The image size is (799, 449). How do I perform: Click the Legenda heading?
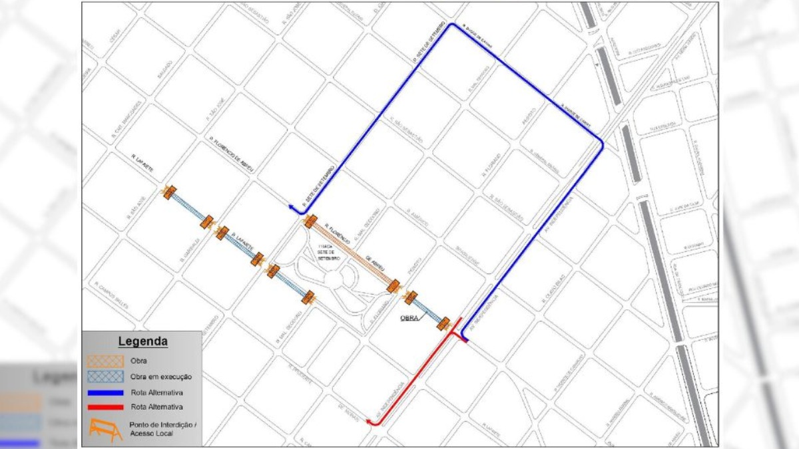click(142, 342)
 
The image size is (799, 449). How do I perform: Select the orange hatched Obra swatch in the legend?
click(106, 361)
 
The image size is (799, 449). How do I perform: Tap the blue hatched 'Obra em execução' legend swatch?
click(106, 376)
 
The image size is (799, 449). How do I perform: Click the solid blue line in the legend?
click(106, 392)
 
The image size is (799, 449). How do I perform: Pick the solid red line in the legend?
click(106, 406)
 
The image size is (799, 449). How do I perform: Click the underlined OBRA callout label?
click(409, 318)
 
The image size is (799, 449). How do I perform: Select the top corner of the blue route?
click(452, 25)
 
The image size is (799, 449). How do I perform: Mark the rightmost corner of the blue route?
click(602, 142)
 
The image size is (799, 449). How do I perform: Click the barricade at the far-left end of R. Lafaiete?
click(169, 193)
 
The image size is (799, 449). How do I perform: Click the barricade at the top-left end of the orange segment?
click(310, 222)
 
